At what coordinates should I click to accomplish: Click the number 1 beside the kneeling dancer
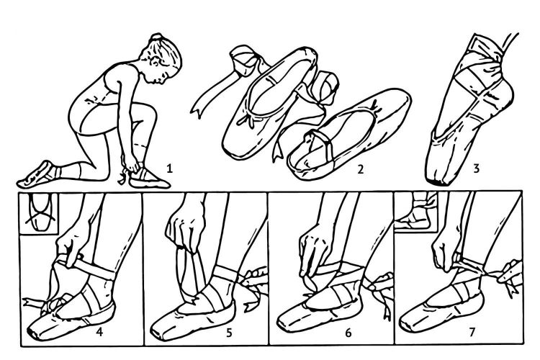[x=169, y=168]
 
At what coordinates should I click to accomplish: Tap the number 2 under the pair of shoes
[x=361, y=169]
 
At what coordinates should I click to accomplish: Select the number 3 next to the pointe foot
[x=477, y=168]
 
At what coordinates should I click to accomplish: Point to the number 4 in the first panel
[x=99, y=332]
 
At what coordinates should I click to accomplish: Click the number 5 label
[x=230, y=333]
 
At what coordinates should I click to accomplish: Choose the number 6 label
[x=348, y=333]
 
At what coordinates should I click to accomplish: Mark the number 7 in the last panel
[x=472, y=332]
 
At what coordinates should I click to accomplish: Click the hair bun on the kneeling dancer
[x=157, y=37]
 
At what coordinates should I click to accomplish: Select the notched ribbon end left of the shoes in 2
[x=197, y=109]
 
